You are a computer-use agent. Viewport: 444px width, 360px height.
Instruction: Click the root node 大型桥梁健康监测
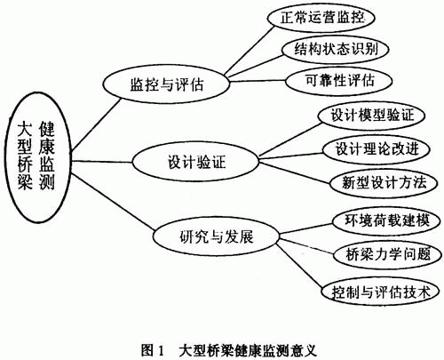pyautogui.click(x=38, y=157)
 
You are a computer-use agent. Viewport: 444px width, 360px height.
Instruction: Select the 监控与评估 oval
pyautogui.click(x=166, y=84)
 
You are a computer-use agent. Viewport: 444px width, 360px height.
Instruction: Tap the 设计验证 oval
pyautogui.click(x=195, y=162)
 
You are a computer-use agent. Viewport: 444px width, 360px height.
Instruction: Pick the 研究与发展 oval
pyautogui.click(x=217, y=236)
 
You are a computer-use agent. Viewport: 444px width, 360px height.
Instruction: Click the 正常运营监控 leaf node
pyautogui.click(x=321, y=18)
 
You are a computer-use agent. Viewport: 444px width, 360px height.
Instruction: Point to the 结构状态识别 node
pyautogui.click(x=336, y=49)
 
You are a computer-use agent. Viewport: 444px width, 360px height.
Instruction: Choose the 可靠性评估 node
pyautogui.click(x=339, y=81)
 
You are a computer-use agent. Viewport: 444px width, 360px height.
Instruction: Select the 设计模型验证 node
pyautogui.click(x=372, y=115)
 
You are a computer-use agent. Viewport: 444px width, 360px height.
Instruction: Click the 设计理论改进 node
pyautogui.click(x=377, y=148)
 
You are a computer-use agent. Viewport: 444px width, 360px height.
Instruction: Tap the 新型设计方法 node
pyautogui.click(x=384, y=182)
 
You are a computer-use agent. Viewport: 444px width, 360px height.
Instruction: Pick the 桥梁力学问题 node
pyautogui.click(x=387, y=254)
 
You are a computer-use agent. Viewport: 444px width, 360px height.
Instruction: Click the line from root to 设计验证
pyautogui.click(x=102, y=162)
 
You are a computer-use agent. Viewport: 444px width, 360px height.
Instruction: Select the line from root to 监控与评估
pyautogui.click(x=96, y=124)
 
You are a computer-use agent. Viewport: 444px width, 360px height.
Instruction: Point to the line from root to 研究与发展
pyautogui.click(x=113, y=202)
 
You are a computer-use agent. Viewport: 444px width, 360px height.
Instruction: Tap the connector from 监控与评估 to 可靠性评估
pyautogui.click(x=258, y=81)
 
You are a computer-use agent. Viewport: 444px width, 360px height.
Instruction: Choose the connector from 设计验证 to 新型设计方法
pyautogui.click(x=295, y=172)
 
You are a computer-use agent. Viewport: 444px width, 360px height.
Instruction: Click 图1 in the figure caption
pyautogui.click(x=152, y=350)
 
